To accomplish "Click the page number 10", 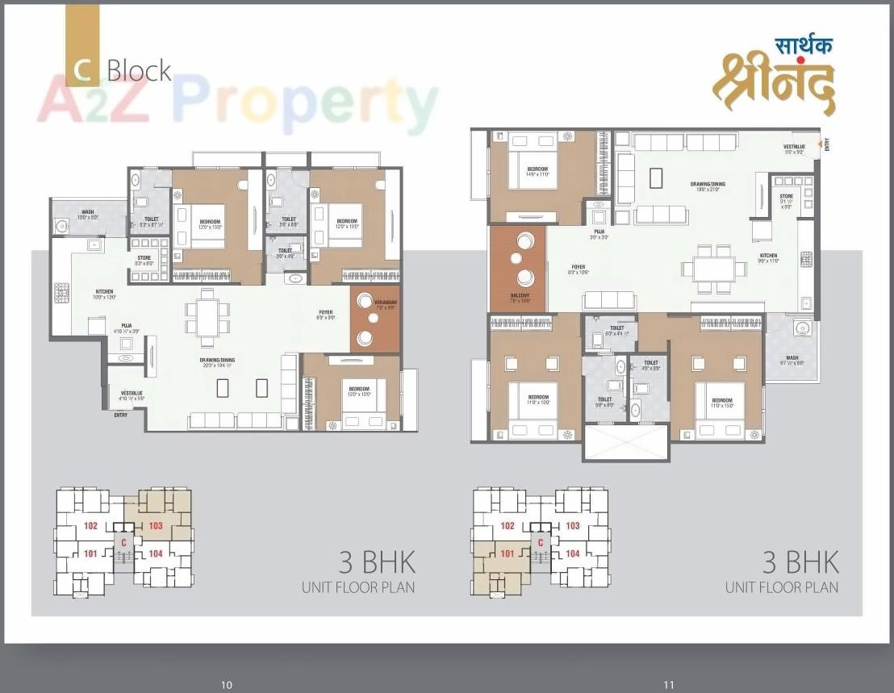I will coord(227,685).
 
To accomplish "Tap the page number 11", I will coord(668,685).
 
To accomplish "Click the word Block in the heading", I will coord(139,71).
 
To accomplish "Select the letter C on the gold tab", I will coord(81,69).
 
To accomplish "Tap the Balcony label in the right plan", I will coord(517,297).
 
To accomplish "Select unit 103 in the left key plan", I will coord(155,525).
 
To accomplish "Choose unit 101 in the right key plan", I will coord(507,553).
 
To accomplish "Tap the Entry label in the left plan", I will coord(120,415).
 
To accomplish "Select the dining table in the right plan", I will coord(713,267).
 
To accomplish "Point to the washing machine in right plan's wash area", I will coord(802,328).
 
